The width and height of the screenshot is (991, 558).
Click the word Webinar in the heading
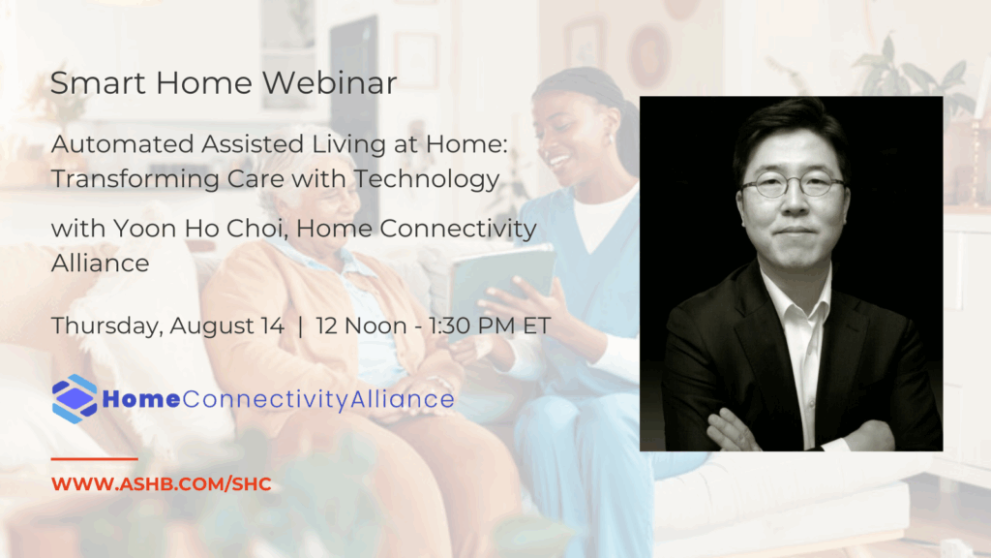click(x=329, y=83)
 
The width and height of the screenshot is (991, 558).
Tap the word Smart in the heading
click(x=98, y=83)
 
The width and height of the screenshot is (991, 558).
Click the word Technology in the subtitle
click(x=427, y=179)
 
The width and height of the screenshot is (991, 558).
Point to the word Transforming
click(x=135, y=179)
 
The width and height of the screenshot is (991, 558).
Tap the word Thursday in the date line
click(x=107, y=326)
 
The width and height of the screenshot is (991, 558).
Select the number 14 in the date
click(x=272, y=325)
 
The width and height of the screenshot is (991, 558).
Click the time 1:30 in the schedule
click(x=451, y=325)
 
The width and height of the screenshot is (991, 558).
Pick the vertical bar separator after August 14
click(x=300, y=326)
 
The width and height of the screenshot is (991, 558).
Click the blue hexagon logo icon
click(x=75, y=398)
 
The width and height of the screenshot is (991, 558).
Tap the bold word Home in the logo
click(x=141, y=399)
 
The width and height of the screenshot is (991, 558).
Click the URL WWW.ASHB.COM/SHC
click(x=162, y=484)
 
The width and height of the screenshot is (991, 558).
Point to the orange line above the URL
click(x=94, y=458)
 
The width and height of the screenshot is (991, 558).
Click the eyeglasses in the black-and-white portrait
click(x=794, y=185)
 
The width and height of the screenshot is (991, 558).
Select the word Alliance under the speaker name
click(x=101, y=263)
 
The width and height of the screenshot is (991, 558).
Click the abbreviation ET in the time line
click(x=536, y=325)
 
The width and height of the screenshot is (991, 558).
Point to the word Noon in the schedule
click(x=375, y=325)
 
